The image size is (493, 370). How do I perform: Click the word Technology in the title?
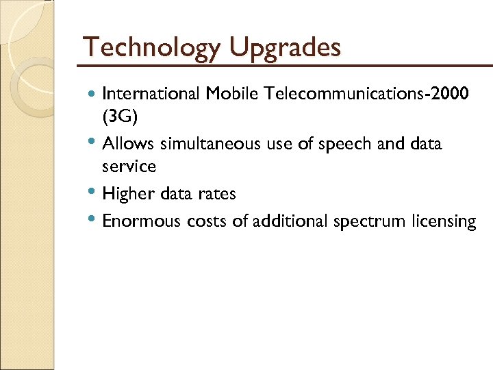[152, 48]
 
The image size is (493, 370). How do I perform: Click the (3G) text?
[120, 117]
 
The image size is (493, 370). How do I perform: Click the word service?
[129, 166]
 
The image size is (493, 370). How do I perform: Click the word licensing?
[444, 222]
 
